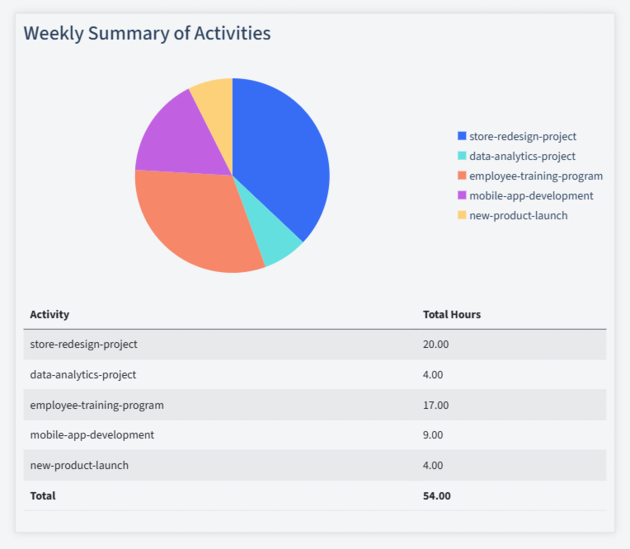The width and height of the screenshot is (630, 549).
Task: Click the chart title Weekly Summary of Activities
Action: [x=147, y=33]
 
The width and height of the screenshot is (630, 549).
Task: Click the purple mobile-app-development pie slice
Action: [x=177, y=136]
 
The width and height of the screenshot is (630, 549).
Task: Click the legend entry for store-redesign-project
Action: [x=522, y=136]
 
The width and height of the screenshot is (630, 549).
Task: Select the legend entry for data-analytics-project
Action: [x=522, y=156]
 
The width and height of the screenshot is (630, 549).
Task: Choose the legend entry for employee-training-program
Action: [x=535, y=176]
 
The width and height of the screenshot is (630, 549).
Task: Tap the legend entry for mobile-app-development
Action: [x=530, y=195]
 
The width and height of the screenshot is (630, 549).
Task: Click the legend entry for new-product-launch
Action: [x=518, y=215]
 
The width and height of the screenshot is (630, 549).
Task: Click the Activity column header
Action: [x=49, y=314]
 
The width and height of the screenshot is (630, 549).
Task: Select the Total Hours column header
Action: [x=451, y=314]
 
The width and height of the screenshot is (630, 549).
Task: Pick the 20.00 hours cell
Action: [x=435, y=344]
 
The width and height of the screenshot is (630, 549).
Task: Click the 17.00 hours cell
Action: [x=435, y=405]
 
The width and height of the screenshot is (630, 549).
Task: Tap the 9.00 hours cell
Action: [x=433, y=434]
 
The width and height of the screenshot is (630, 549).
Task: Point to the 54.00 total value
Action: [x=436, y=495]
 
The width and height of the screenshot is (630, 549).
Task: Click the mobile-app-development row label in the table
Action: [x=92, y=434]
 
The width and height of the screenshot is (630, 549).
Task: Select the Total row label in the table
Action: [x=43, y=495]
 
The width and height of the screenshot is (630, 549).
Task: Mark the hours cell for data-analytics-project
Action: [x=433, y=374]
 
